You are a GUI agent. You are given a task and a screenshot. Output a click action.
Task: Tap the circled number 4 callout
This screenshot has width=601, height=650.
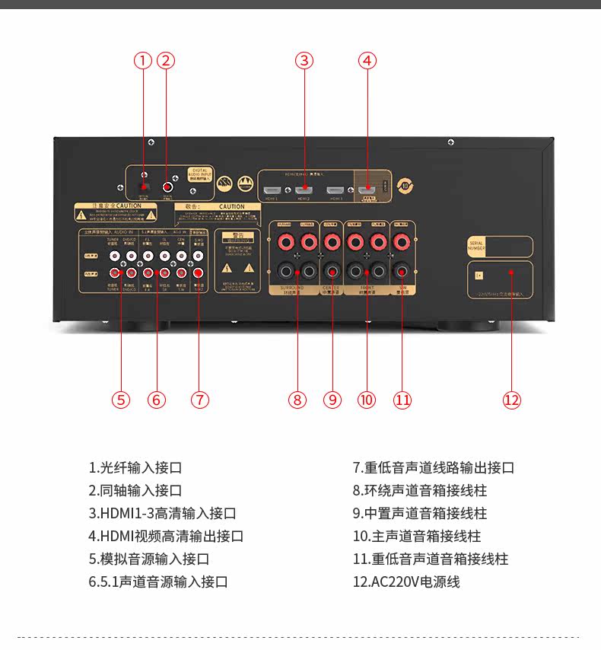pyautogui.click(x=367, y=61)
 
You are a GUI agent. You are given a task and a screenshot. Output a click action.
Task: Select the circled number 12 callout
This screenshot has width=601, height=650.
pyautogui.click(x=511, y=400)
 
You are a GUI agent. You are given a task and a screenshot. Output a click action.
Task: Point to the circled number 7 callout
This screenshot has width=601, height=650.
pyautogui.click(x=199, y=400)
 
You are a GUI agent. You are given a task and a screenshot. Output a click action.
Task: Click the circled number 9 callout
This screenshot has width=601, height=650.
pyautogui.click(x=332, y=400)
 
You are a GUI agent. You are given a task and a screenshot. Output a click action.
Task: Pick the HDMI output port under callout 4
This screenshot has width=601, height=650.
pyautogui.click(x=367, y=188)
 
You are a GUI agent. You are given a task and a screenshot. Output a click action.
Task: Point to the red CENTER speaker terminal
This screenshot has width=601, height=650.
pyautogui.click(x=332, y=243)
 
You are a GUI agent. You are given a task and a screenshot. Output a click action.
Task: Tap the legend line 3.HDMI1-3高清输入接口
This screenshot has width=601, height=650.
pyautogui.click(x=163, y=514)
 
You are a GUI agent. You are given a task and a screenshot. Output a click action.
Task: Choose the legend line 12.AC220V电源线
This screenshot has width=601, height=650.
pyautogui.click(x=406, y=582)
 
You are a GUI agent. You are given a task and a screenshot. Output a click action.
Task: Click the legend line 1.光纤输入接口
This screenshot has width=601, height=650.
pyautogui.click(x=135, y=468)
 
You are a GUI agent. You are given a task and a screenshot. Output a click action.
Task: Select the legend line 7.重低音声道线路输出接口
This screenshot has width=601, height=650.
pyautogui.click(x=434, y=468)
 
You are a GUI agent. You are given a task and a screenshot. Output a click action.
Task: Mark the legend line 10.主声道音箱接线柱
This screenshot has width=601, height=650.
pyautogui.click(x=417, y=537)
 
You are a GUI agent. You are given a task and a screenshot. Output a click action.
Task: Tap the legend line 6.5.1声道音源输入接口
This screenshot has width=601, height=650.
pyautogui.click(x=158, y=582)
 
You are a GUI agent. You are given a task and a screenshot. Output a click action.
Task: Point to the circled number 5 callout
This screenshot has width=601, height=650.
pyautogui.click(x=120, y=400)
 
